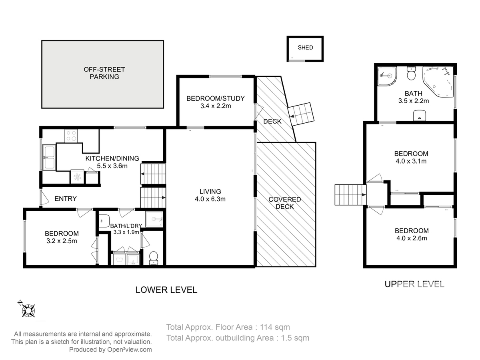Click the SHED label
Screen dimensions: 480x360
click(305, 48)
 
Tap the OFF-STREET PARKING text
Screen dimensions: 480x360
click(104, 73)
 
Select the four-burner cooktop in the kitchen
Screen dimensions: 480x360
click(71, 136)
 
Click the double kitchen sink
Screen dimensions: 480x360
click(49, 157)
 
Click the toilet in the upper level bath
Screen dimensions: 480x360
click(411, 74)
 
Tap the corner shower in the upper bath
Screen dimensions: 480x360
click(387, 76)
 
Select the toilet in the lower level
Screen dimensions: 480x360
click(154, 258)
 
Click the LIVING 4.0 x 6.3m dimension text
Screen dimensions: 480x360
click(210, 199)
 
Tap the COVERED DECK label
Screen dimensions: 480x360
click(284, 203)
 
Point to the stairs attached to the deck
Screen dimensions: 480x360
click(301, 114)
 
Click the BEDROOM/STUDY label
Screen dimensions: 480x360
click(216, 98)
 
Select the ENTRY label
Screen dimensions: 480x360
click(66, 199)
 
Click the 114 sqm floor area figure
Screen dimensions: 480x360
click(275, 327)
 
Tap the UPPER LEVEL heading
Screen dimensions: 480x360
click(414, 284)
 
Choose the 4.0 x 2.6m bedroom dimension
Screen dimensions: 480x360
click(412, 238)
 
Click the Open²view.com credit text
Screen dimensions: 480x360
click(130, 350)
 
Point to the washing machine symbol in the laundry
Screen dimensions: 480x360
click(119, 260)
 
